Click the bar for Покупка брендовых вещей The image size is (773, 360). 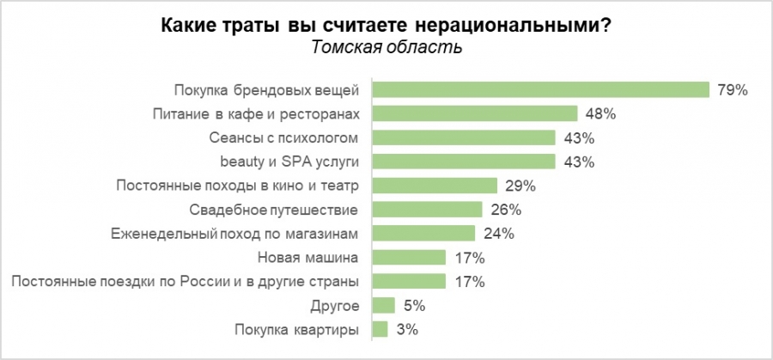click(x=540, y=90)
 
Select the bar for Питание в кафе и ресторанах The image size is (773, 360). click(x=474, y=113)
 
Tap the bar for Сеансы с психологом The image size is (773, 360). click(x=464, y=137)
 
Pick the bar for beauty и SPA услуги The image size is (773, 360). click(x=464, y=162)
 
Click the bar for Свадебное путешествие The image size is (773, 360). click(x=427, y=209)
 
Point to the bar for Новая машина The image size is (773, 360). click(x=408, y=257)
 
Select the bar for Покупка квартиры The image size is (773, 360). click(x=380, y=328)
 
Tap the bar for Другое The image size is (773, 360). click(x=383, y=305)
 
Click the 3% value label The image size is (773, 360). click(x=407, y=328)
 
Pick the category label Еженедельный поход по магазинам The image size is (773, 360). click(x=235, y=233)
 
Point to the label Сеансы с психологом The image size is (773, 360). click(x=283, y=137)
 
